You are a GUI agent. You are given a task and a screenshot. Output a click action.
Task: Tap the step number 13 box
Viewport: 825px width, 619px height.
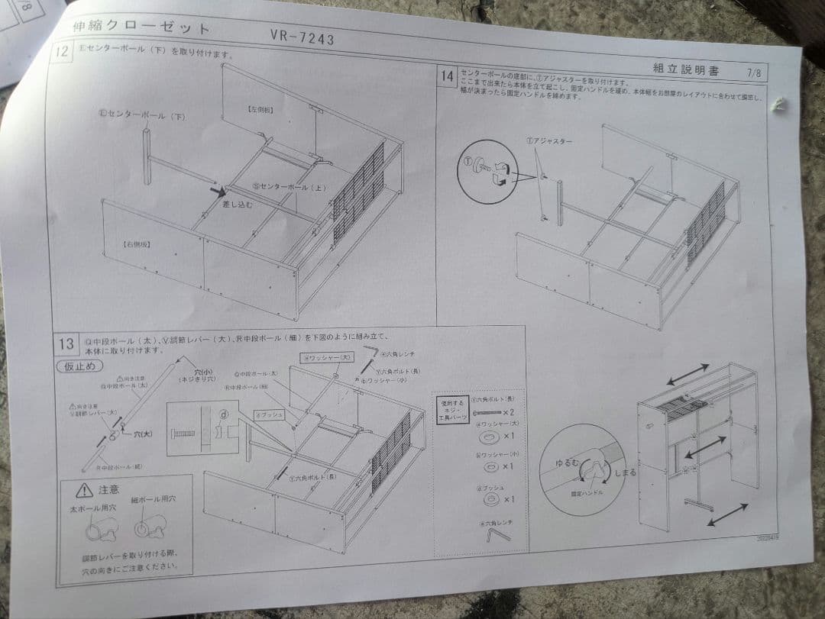[66, 343]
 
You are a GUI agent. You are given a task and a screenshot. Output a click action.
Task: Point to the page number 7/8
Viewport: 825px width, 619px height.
[754, 73]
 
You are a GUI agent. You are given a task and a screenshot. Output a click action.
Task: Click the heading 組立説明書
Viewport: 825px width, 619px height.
[686, 69]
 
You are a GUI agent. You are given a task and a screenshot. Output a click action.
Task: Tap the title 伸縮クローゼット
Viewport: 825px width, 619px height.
[141, 28]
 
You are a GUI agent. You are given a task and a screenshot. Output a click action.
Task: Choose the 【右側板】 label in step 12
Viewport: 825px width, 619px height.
[135, 243]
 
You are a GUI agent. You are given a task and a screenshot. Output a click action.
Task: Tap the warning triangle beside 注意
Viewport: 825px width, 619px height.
[84, 490]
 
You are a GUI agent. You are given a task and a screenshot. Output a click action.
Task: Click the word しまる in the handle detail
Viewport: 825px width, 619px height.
[624, 472]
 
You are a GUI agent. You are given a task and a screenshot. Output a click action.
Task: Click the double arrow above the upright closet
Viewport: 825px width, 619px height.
[687, 374]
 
